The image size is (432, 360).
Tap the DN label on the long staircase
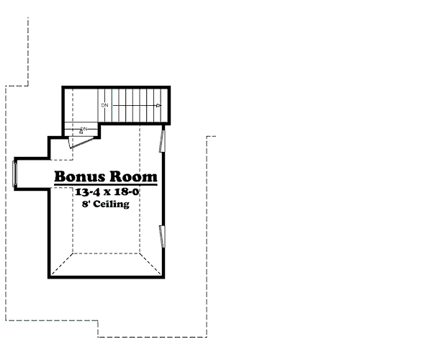[104, 105]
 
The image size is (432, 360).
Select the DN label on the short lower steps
[84, 129]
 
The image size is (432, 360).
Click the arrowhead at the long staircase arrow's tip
[158, 105]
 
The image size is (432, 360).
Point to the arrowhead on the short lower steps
[81, 131]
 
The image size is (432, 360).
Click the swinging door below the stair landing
[84, 142]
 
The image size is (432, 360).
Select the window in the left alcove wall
[14, 174]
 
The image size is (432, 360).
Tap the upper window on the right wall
[162, 140]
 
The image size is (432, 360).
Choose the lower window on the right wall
[162, 236]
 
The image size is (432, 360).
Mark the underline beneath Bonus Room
[106, 184]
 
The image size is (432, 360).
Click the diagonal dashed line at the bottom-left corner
[62, 264]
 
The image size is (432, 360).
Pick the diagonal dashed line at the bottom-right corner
[150, 264]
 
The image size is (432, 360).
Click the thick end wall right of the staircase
[168, 105]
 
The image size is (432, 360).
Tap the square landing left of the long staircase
[81, 105]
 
